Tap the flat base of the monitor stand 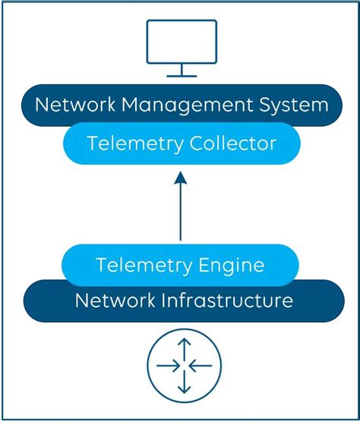click(x=182, y=76)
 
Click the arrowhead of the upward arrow click(x=180, y=179)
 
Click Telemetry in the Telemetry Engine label click(x=138, y=265)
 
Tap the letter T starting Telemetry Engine click(x=102, y=265)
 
